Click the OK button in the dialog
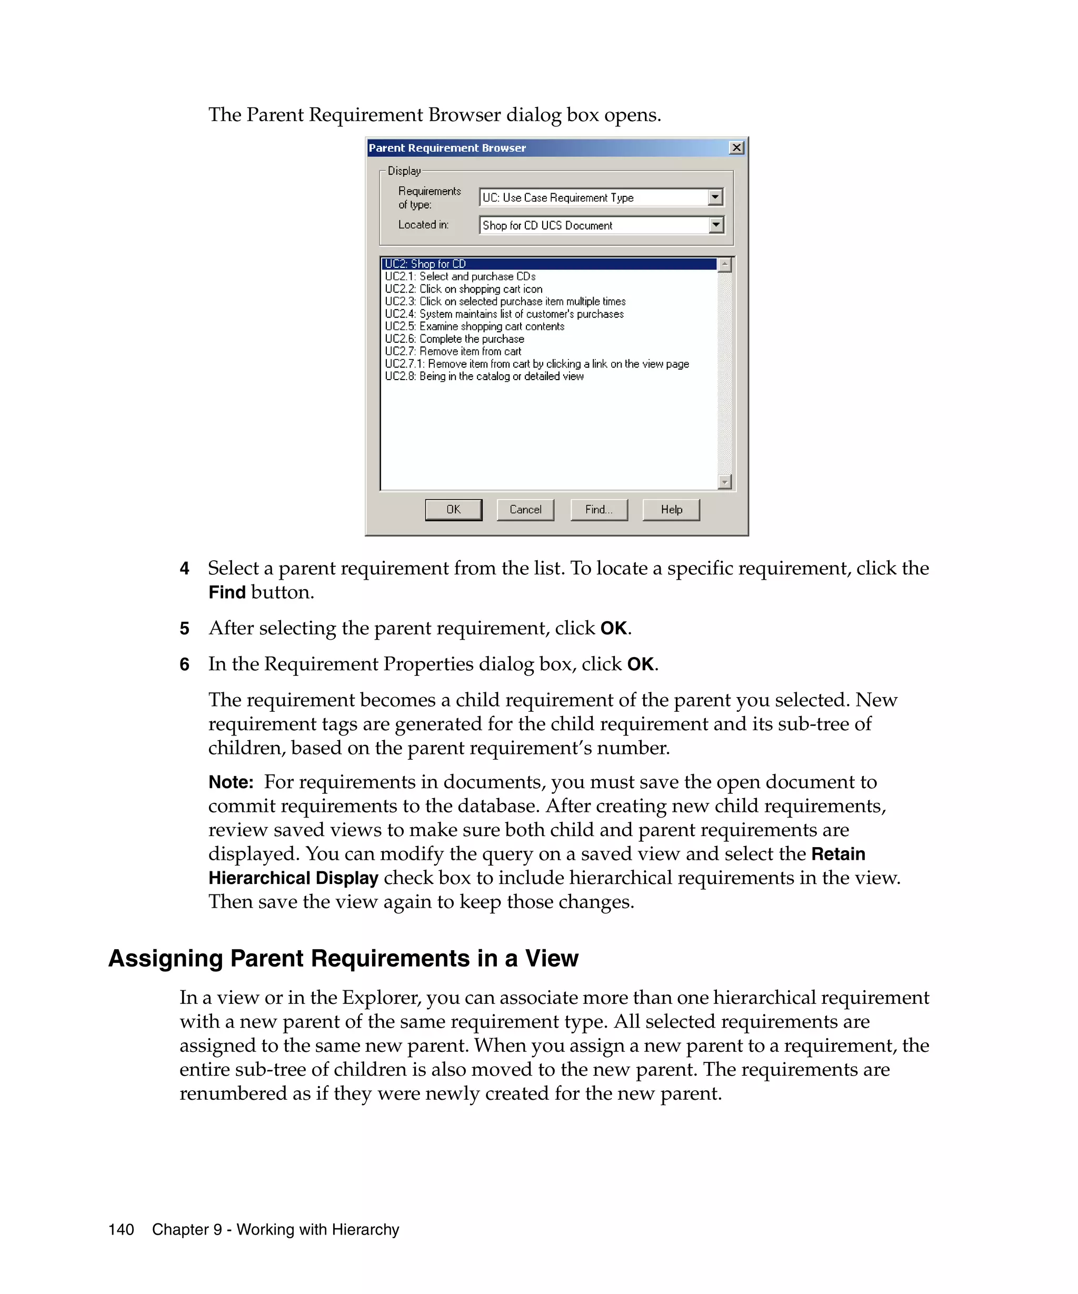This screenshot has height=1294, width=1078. pos(453,510)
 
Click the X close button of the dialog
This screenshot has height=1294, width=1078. pos(735,148)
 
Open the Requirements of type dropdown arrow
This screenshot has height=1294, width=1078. pos(715,197)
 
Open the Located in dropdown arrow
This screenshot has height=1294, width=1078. pos(715,225)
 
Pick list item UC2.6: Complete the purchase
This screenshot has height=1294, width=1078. pos(455,339)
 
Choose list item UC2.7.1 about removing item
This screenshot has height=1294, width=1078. pos(536,364)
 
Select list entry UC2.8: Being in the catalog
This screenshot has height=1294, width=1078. pos(484,376)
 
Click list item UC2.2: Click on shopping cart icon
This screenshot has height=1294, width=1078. pos(463,289)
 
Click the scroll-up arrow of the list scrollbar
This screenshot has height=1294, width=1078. pos(724,265)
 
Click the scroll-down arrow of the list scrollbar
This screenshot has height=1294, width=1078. pos(724,481)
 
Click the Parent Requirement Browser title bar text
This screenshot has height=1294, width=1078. pos(447,148)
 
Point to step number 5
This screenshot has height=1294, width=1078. pos(184,629)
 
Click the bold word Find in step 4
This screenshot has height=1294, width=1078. pos(227,593)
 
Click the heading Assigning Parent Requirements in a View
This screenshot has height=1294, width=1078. pos(343,959)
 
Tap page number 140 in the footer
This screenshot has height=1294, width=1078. pos(122,1230)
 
